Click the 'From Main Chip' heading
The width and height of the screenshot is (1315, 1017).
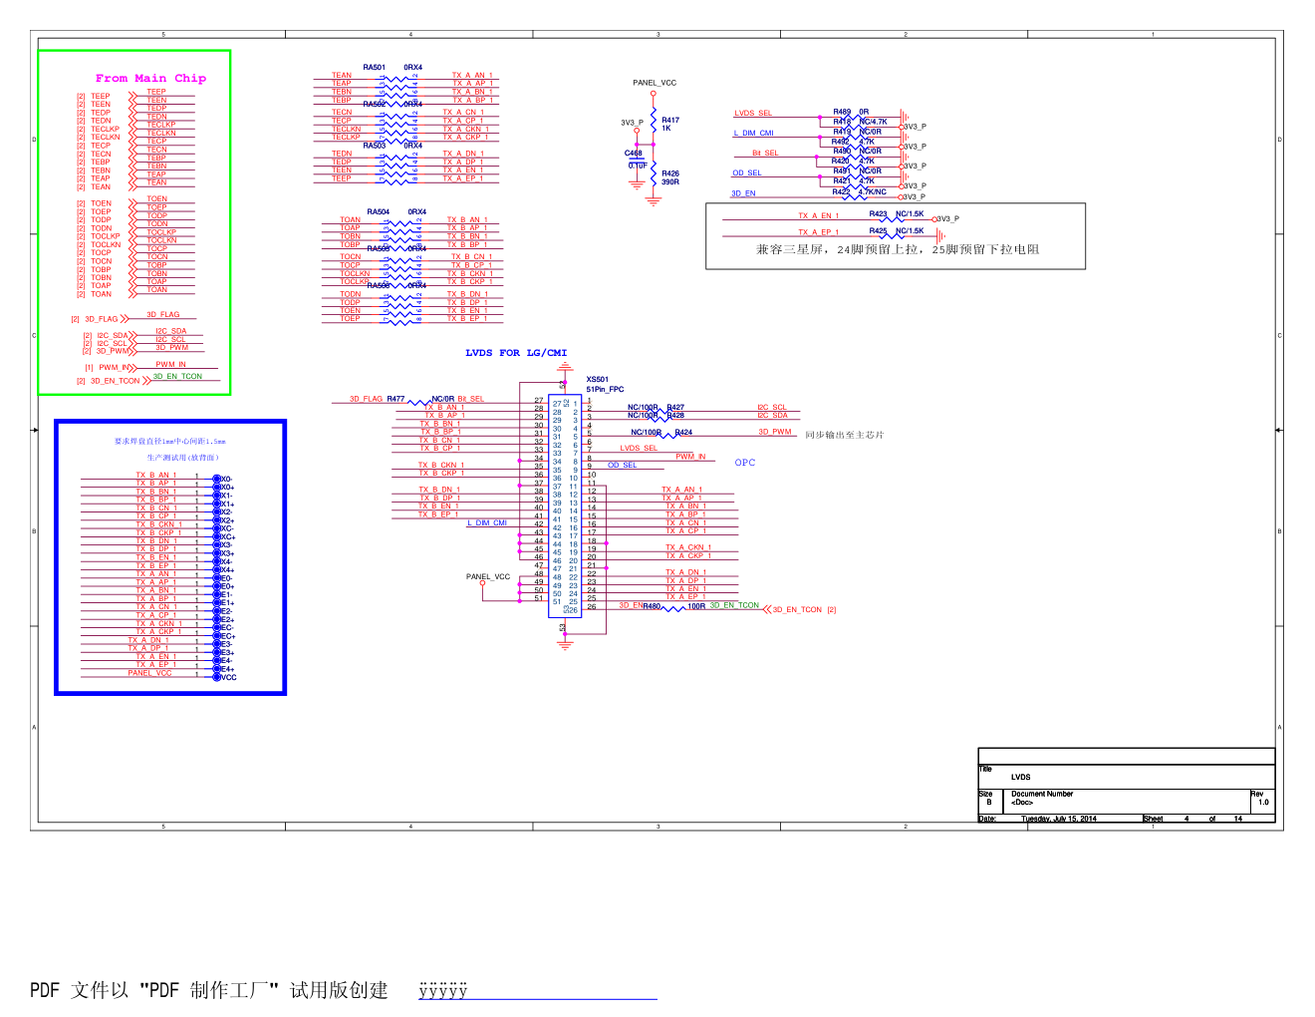point(150,78)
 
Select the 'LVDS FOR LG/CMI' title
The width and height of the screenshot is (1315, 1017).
point(515,353)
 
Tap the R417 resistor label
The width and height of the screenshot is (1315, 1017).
point(670,120)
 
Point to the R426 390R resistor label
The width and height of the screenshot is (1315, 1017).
point(670,177)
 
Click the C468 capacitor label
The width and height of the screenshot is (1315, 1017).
point(634,154)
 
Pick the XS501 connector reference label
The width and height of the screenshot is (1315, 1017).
point(597,380)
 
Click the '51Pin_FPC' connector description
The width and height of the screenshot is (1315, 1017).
point(604,390)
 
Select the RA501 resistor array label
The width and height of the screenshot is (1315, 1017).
point(374,68)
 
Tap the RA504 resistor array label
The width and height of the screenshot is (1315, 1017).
point(378,212)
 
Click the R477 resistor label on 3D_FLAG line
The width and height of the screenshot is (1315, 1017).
point(395,399)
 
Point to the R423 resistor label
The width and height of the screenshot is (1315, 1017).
point(878,213)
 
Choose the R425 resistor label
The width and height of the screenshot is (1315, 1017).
point(878,230)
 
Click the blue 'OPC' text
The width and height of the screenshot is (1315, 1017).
point(744,463)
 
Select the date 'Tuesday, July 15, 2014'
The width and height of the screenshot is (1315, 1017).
point(1058,819)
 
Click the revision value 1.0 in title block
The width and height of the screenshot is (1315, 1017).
point(1263,803)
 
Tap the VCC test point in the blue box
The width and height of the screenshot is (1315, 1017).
point(228,678)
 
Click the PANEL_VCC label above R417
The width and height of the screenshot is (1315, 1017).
point(654,83)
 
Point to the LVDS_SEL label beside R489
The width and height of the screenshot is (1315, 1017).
point(753,114)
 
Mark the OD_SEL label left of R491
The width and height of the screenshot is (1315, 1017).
point(747,173)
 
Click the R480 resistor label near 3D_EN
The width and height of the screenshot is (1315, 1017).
point(652,606)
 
